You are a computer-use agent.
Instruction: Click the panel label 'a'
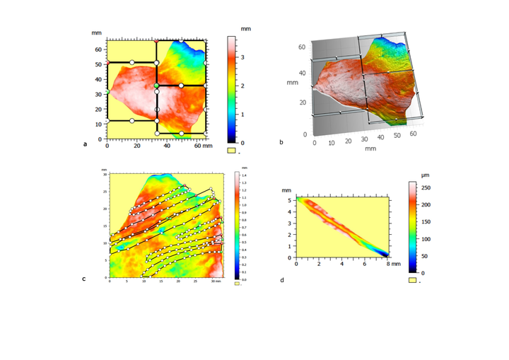coord(85,144)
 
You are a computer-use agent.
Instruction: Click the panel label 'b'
coord(281,144)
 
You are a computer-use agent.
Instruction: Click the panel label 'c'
coord(84,279)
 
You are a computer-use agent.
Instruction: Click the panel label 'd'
coord(282,279)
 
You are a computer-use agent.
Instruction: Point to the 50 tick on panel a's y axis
coord(98,64)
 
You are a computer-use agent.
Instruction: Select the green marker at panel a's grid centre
coord(156,86)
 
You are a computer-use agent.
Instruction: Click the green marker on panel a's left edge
coord(107,93)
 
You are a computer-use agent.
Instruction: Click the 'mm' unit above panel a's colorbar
coord(245,28)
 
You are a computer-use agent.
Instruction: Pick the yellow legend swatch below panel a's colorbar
coord(230,150)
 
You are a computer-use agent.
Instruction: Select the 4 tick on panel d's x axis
coord(342,264)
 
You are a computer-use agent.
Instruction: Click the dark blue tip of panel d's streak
coord(385,254)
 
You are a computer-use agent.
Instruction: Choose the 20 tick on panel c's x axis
coord(177,283)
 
